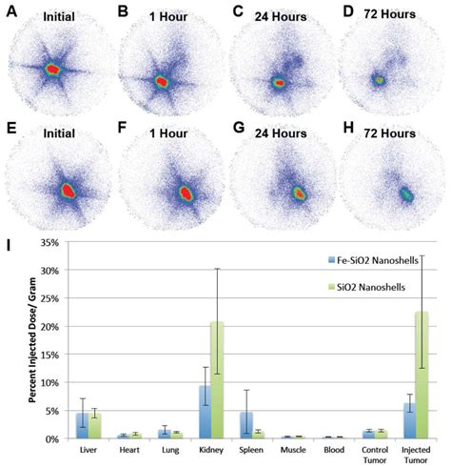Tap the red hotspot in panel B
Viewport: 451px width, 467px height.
[161, 82]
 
